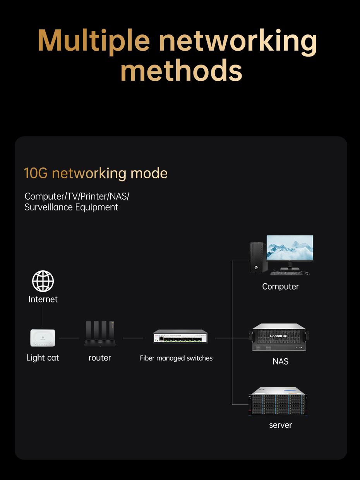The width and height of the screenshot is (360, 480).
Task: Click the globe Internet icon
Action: coord(43,281)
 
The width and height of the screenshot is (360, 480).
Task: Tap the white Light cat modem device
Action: coord(43,338)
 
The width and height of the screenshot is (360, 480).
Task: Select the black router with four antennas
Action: coord(100,334)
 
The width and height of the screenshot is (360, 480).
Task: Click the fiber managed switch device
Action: coord(180,337)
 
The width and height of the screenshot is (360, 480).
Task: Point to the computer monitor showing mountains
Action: coord(290,248)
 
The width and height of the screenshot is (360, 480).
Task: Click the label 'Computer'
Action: coord(280,287)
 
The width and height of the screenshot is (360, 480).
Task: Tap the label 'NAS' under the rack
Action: coord(280,362)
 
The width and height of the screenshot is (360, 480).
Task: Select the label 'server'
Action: coord(280,425)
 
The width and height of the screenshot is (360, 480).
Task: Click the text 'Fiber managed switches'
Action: coord(176,358)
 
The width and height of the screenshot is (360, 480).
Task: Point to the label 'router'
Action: coord(100,358)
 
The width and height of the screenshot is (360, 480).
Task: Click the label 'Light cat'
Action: coord(43,358)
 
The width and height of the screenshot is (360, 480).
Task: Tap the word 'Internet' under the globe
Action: coord(43,299)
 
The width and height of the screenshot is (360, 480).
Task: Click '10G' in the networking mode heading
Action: coord(36,173)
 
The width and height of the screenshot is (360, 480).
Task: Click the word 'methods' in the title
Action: coord(181,70)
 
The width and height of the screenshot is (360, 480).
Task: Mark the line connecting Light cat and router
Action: coord(69,338)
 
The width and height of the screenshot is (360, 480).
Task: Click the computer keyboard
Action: coord(286,273)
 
